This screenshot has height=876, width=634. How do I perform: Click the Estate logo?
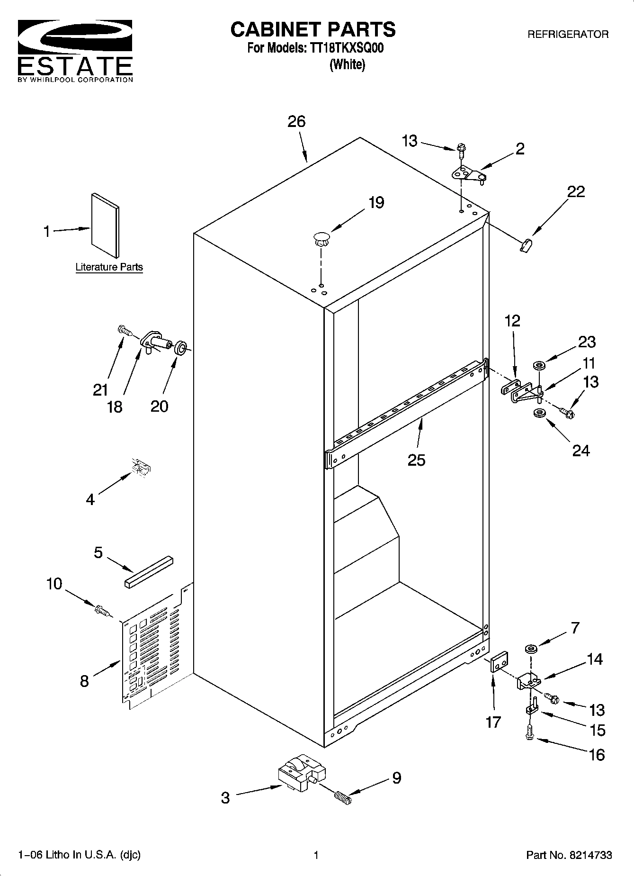point(75,50)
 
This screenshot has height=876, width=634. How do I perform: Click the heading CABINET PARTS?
point(313,30)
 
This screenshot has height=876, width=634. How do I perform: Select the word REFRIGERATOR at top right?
point(568,35)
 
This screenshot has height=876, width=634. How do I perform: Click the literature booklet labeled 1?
point(105,226)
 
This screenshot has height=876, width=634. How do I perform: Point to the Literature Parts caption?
point(109,267)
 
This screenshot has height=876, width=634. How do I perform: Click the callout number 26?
point(296,122)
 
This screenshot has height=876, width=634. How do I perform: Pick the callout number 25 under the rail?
point(416,460)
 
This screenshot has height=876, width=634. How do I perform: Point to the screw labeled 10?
point(102,611)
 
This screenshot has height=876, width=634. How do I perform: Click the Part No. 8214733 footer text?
point(569,855)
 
